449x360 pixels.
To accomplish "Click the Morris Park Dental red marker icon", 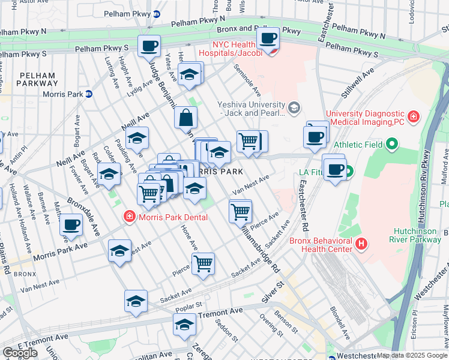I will [128, 217].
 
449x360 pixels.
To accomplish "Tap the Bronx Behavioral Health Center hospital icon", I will [361, 244].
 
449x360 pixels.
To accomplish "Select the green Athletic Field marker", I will [392, 144].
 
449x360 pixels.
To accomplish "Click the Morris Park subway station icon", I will [88, 94].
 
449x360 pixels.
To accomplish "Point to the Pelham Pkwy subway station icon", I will [156, 13].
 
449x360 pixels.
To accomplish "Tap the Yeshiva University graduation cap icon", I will [294, 108].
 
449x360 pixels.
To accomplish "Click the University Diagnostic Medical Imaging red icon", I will [414, 115].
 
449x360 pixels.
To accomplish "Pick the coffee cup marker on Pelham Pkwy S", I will [149, 46].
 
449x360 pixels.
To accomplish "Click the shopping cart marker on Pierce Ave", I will [203, 263].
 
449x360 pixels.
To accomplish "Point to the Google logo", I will [20, 353].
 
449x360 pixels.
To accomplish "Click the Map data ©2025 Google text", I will [412, 356].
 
